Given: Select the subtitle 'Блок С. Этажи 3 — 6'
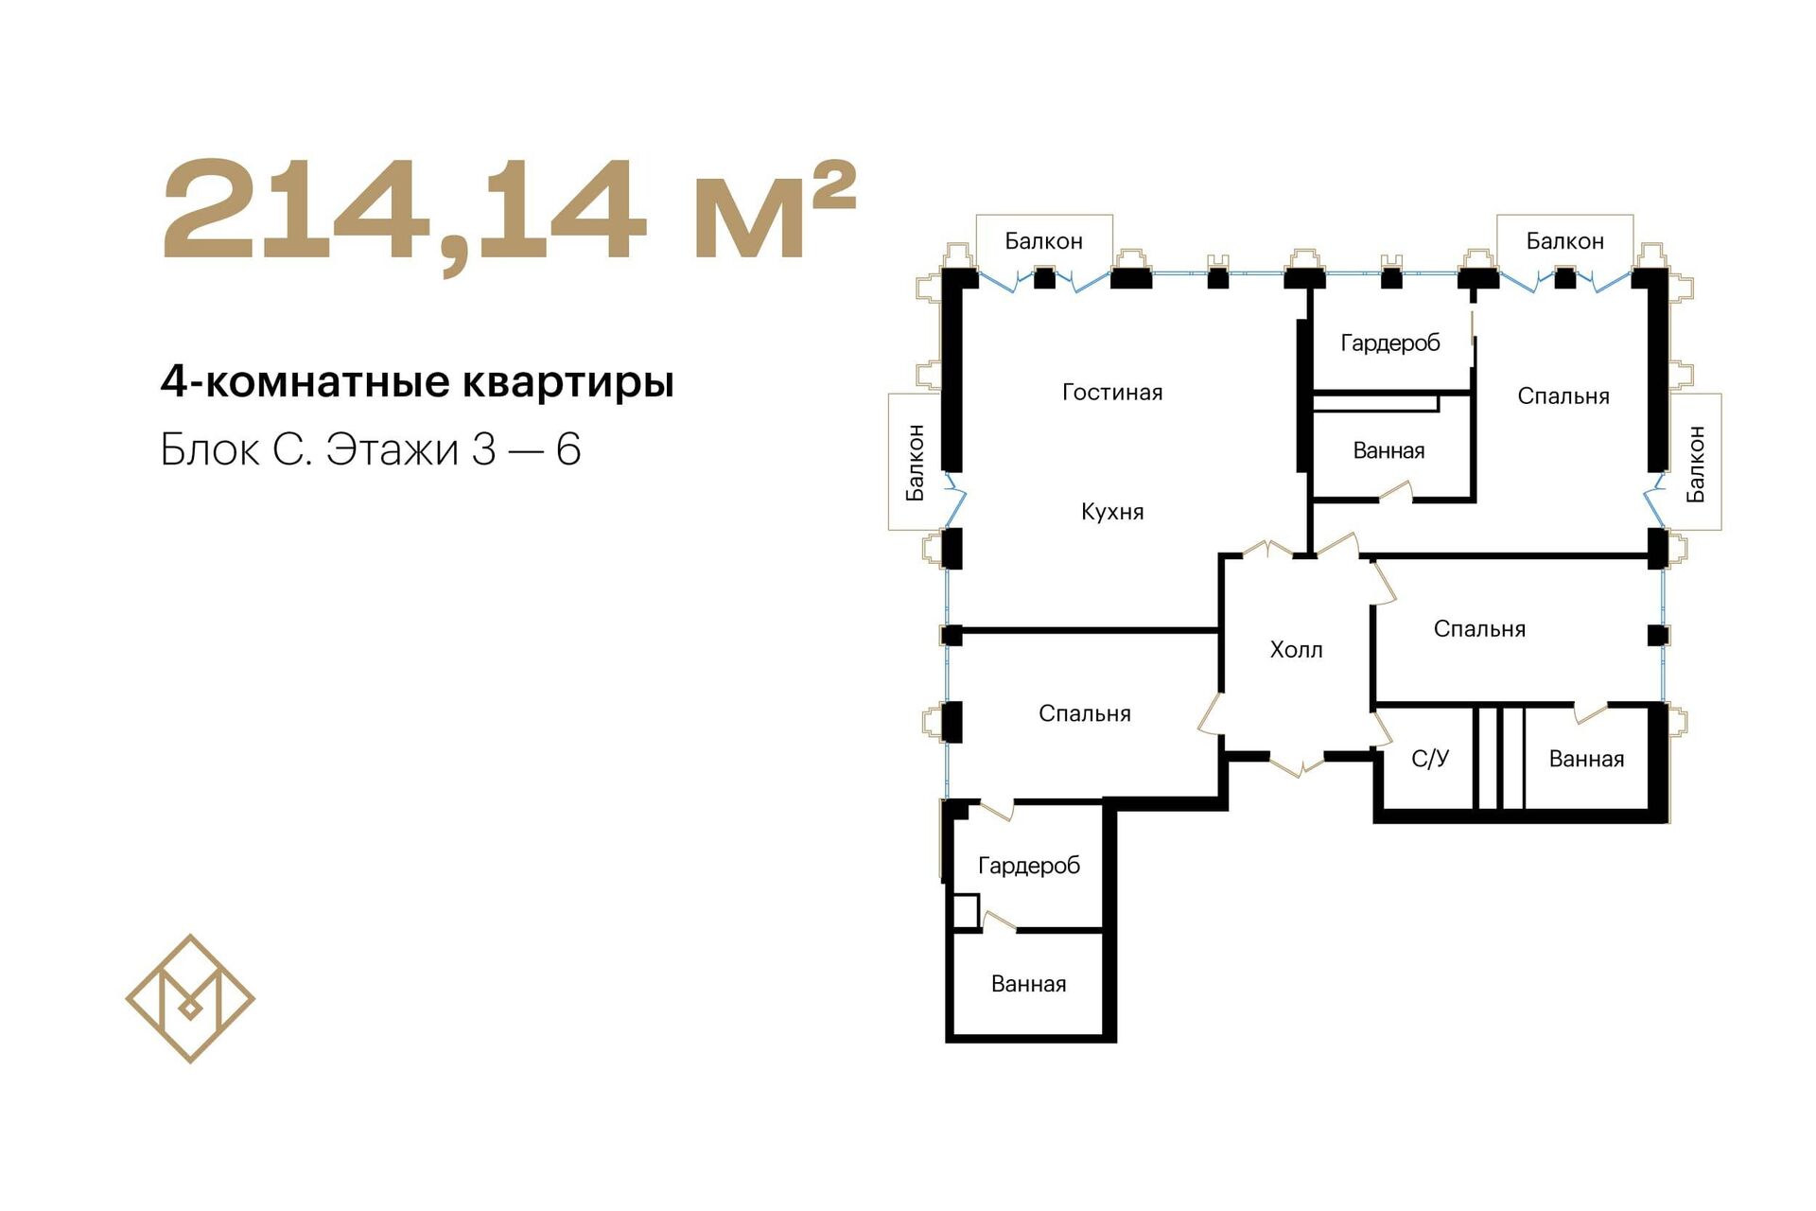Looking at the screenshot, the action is point(370,449).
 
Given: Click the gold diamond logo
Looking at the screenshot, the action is point(190,998).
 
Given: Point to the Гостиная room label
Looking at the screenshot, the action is point(1112,393).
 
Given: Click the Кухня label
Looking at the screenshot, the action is point(1112,512).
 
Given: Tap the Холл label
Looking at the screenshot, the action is point(1296,650).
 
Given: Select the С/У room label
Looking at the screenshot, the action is point(1430,758).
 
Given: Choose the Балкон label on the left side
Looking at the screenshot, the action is point(915,462).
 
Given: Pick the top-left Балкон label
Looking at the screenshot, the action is point(1043,241).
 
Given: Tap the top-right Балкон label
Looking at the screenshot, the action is point(1565,241).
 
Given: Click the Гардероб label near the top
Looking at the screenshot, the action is point(1390,342).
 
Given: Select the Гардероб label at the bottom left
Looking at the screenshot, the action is point(1029,866).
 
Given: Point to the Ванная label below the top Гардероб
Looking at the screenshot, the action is point(1388,450).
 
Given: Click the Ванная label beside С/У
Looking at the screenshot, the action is point(1586,759).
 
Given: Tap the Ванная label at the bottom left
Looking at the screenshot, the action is point(1028,984).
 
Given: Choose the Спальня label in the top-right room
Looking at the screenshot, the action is point(1563,396).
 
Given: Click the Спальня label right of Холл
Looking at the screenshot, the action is point(1479,629).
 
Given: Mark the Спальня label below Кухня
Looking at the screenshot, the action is point(1085,713).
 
